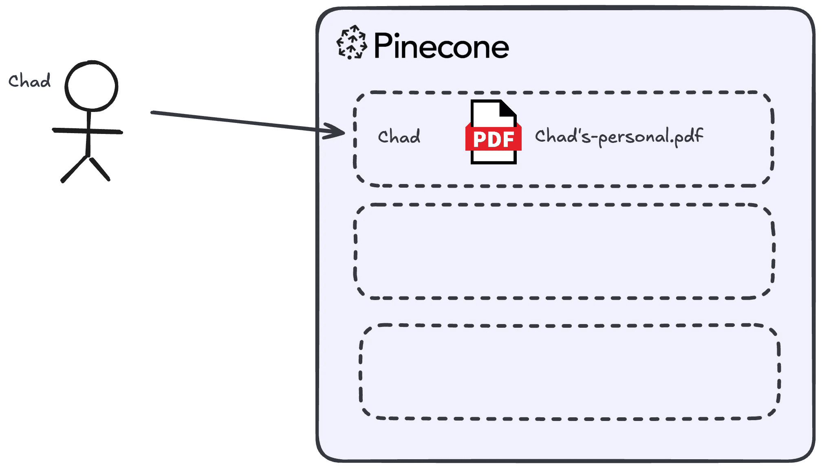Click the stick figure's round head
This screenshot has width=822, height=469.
[x=91, y=86]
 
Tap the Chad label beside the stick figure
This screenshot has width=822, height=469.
[x=29, y=81]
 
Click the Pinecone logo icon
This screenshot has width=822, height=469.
[x=351, y=42]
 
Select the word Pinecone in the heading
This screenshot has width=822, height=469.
[x=441, y=46]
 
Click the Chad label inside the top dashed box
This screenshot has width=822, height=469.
[x=399, y=137]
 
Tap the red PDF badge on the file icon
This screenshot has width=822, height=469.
[x=493, y=139]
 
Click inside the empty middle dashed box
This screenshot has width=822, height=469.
[x=564, y=251]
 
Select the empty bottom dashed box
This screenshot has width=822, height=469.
[x=569, y=372]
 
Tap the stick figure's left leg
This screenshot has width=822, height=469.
[x=74, y=169]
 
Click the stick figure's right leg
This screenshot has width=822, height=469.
[x=100, y=169]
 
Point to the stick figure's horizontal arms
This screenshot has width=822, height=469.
[x=87, y=131]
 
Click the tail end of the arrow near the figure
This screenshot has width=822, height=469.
[x=153, y=112]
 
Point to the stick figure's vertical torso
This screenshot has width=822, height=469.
[x=88, y=134]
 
